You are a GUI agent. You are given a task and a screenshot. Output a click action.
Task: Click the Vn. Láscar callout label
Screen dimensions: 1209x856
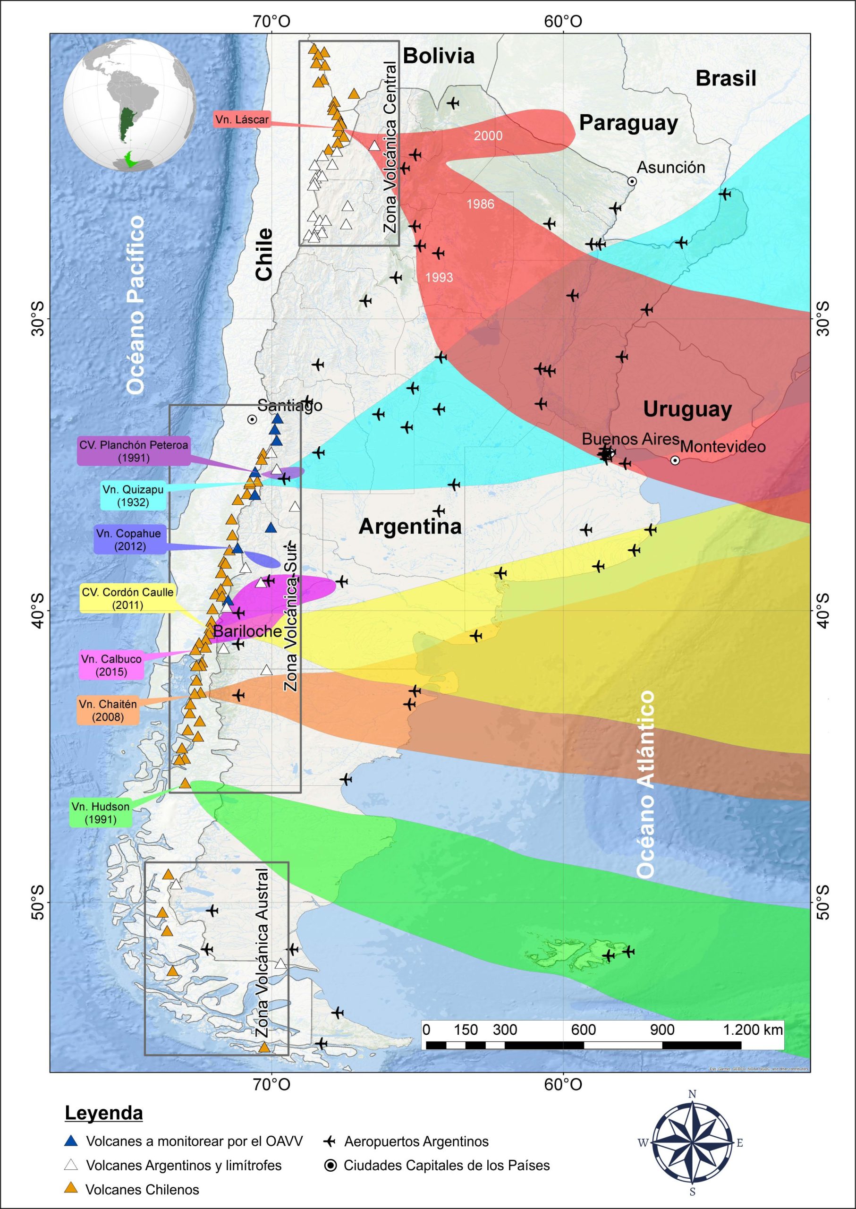coord(242,119)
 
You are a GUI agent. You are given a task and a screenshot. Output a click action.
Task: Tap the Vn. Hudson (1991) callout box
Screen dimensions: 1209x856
coord(100,812)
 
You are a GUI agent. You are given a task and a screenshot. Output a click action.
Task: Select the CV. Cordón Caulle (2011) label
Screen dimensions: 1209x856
coord(127,598)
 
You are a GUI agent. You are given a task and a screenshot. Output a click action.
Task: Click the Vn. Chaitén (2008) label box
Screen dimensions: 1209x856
coord(108,710)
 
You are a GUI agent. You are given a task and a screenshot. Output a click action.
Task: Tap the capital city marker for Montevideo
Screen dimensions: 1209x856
coord(675,460)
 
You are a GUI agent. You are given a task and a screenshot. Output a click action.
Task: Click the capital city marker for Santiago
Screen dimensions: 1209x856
coord(252,419)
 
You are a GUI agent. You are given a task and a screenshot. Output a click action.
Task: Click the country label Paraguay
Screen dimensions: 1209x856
coord(628,123)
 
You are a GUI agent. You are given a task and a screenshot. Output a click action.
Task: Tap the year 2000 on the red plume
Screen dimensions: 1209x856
coord(488,136)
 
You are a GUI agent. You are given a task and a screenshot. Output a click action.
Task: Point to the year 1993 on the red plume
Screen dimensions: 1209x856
coord(439,277)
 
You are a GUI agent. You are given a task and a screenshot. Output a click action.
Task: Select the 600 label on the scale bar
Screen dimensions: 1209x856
coord(583,1030)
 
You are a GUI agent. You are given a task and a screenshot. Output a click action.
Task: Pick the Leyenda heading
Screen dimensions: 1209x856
coord(103,1113)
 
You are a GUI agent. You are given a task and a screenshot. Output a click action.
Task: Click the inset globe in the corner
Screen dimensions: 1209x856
coord(130,104)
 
